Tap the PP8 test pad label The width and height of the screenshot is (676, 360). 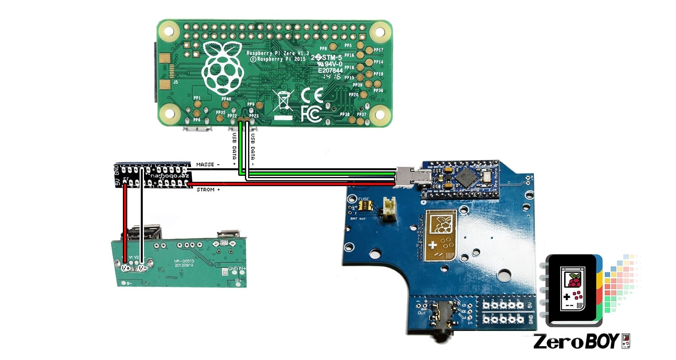click(324, 49)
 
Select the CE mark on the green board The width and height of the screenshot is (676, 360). click(312, 95)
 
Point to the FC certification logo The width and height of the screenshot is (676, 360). click(311, 114)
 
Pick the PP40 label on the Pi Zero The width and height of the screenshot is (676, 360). click(226, 99)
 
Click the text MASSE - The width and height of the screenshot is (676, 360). click(208, 164)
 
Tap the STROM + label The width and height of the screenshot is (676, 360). click(208, 190)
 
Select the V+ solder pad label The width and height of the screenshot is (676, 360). click(126, 268)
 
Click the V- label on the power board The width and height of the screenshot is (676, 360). click(142, 268)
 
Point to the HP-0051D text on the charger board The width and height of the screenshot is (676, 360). click(184, 261)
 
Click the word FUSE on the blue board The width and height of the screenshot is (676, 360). click(363, 199)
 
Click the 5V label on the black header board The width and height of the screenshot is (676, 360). click(117, 183)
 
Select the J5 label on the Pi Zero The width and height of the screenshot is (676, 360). click(175, 82)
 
